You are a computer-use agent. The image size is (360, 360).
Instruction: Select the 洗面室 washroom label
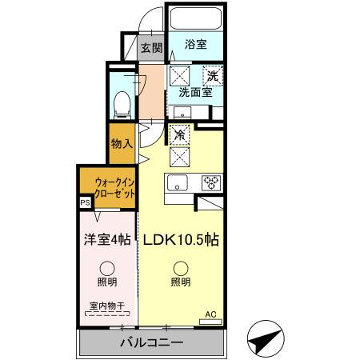(194, 92)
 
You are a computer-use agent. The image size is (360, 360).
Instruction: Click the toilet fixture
(122, 102)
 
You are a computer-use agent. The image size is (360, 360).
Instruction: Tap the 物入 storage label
(122, 143)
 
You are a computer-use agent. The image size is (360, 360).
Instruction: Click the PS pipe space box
(85, 203)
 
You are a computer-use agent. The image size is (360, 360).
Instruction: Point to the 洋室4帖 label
(107, 238)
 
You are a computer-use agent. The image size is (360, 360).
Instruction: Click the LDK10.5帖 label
(181, 238)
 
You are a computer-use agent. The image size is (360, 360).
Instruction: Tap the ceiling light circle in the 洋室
(106, 269)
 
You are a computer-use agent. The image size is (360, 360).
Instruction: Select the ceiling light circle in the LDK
(179, 269)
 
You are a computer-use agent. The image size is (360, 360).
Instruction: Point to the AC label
(211, 314)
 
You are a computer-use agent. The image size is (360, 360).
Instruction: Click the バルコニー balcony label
(152, 342)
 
